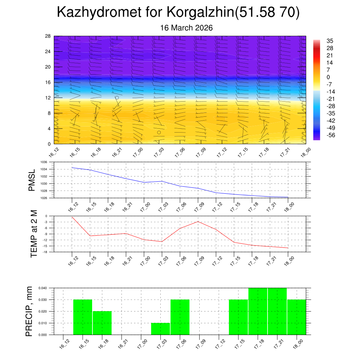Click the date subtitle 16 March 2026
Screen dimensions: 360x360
point(186,28)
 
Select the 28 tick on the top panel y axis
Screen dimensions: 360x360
point(48,36)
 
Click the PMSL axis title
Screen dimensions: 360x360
point(32,180)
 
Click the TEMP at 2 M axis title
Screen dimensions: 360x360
point(34,234)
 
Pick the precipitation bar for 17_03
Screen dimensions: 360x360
point(161,328)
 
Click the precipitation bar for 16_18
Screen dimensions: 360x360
point(102,323)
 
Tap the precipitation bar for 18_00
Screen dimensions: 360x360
point(296,317)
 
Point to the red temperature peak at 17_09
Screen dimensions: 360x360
point(198,221)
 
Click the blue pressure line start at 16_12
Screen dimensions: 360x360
point(72,167)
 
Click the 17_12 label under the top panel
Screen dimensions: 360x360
point(221,154)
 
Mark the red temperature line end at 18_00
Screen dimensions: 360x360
point(288,248)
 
